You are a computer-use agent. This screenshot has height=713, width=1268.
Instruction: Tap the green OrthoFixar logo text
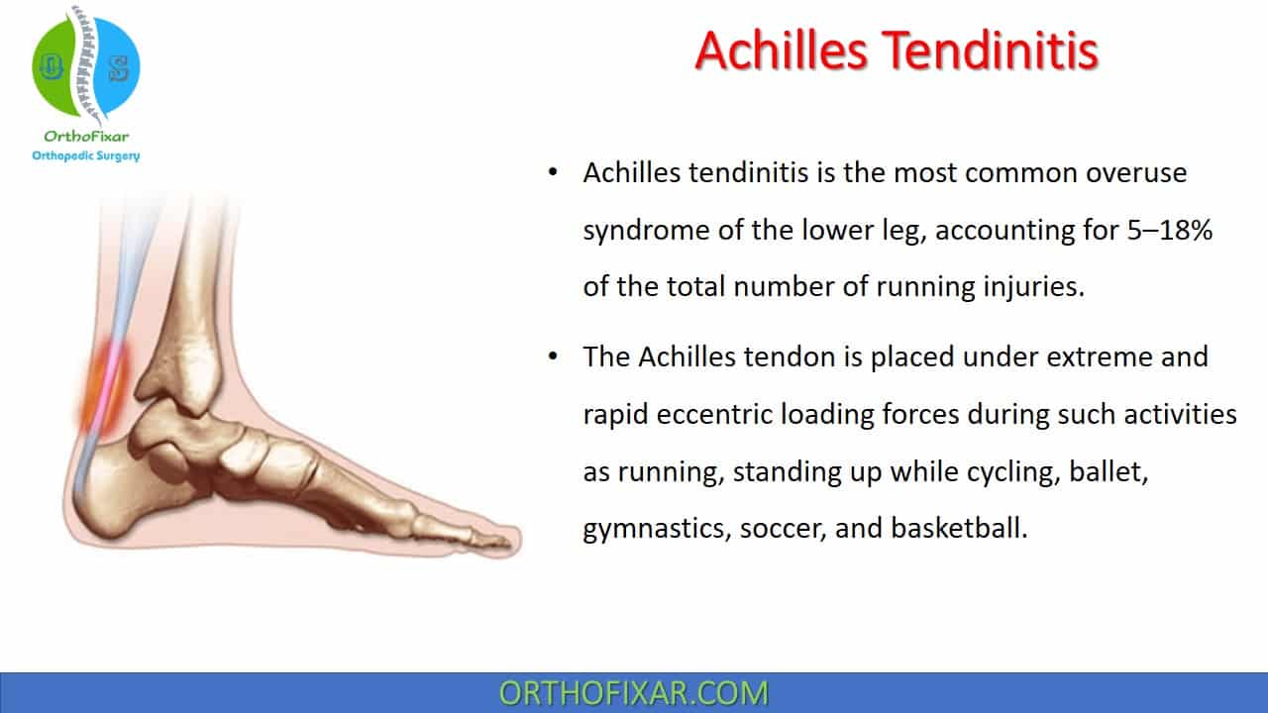click(x=86, y=137)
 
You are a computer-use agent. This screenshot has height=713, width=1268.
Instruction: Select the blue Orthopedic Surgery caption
click(x=86, y=155)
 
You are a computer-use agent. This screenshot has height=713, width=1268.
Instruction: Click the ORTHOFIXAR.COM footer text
click(x=633, y=693)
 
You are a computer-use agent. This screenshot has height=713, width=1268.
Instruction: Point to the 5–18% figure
click(x=1170, y=230)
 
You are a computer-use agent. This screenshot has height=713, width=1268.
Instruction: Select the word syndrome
click(x=647, y=231)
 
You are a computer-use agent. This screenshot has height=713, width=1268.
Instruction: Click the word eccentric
click(x=714, y=414)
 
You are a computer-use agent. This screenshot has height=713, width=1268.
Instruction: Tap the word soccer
click(x=783, y=529)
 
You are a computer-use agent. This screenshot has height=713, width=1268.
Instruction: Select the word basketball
click(x=959, y=528)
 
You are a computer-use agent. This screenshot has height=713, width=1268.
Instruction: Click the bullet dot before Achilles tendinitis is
click(x=553, y=172)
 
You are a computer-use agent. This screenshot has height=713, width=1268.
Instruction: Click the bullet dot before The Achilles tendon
click(x=553, y=356)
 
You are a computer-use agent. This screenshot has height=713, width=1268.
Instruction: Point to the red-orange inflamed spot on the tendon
click(x=104, y=385)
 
